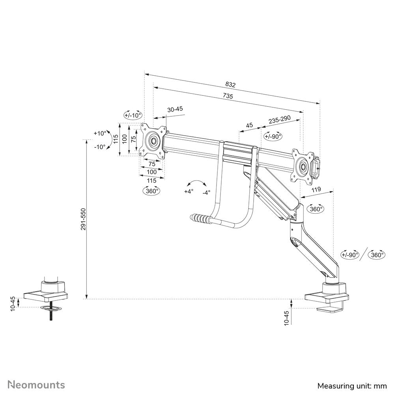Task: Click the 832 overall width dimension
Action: tap(230, 84)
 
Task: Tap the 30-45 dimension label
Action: tap(175, 110)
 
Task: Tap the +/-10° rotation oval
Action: tap(133, 116)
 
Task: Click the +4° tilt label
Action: tap(189, 192)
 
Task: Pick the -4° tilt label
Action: tap(206, 192)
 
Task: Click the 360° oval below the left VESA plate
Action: tap(151, 191)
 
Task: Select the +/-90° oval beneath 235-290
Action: tap(273, 136)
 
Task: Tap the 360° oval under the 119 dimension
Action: tap(316, 209)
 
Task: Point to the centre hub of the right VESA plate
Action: tap(303, 166)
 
